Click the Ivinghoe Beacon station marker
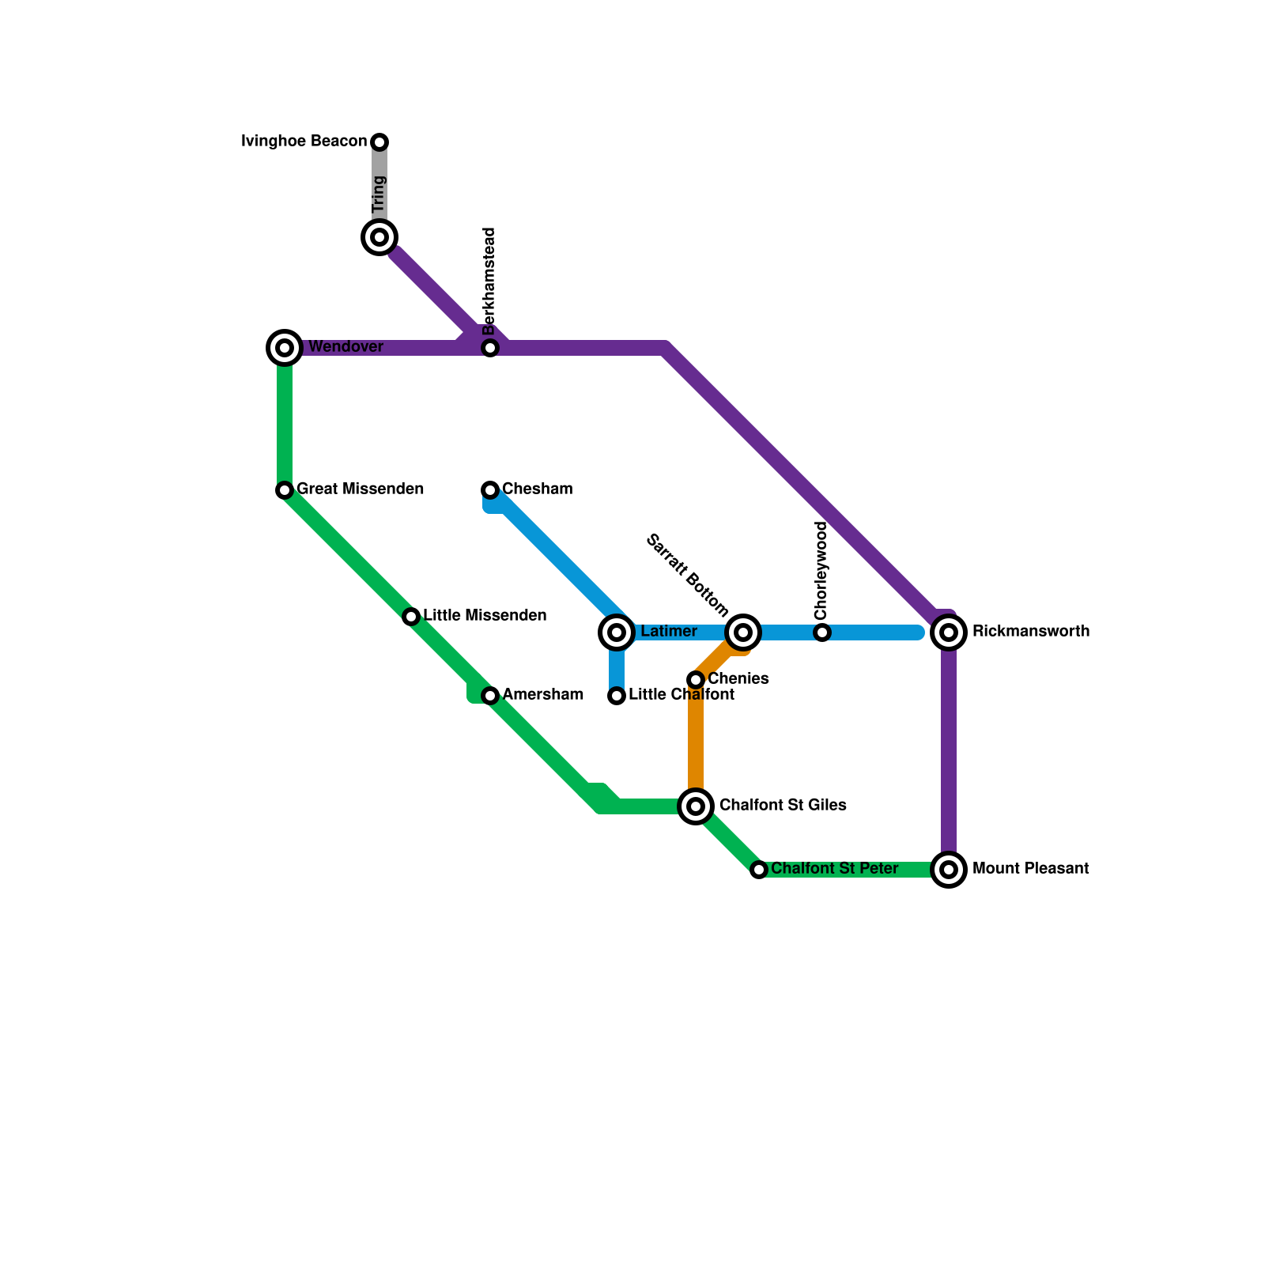[379, 142]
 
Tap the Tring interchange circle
[379, 237]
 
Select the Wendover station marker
[285, 348]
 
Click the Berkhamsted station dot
[490, 348]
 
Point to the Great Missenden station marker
[285, 490]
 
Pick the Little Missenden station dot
[411, 617]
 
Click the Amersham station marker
[490, 696]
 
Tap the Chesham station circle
[490, 490]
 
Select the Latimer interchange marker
[617, 632]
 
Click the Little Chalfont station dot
[617, 696]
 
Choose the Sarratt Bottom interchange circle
[743, 632]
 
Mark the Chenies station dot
[696, 680]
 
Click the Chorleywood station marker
[822, 632]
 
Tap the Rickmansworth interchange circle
[949, 632]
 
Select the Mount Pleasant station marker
[949, 870]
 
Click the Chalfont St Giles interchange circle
[696, 806]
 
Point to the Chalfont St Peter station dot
[759, 870]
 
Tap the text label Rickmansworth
[1031, 632]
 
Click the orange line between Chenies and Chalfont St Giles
[696, 743]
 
